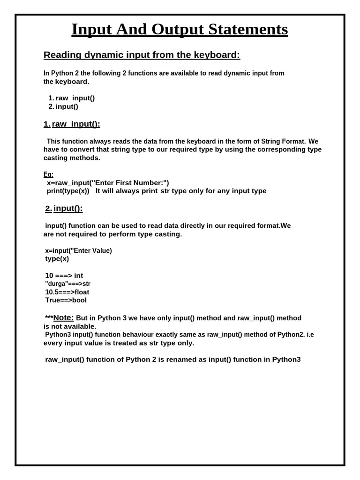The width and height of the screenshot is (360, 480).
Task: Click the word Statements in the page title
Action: coord(248,30)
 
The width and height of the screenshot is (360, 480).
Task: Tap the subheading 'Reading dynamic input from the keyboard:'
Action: coord(142,55)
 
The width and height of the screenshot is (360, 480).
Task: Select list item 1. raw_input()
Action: coord(72,98)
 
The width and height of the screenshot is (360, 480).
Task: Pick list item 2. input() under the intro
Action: coord(63,106)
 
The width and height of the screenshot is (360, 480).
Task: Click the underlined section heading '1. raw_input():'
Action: coord(72,124)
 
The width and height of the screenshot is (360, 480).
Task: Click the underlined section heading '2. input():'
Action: coord(64,208)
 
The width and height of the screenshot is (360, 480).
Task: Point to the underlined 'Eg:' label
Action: coord(48,174)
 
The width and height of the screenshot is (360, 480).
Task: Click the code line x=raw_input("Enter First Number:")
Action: coord(108,183)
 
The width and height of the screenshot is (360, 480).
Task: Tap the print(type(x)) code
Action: coord(68,191)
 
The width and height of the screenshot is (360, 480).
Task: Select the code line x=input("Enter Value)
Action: coord(78,251)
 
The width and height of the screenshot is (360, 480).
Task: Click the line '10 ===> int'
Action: coord(64,276)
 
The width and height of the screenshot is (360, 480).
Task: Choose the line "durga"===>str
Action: coord(67,284)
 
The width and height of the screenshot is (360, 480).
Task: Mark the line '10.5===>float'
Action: coord(67,292)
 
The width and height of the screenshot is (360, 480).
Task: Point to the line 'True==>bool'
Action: coord(66,300)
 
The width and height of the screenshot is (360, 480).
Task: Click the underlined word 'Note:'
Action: coord(63,317)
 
